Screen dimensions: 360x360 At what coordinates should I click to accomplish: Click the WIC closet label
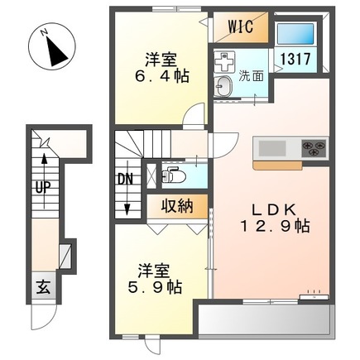coord(240,26)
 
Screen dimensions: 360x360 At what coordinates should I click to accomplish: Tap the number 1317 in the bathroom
coord(295,59)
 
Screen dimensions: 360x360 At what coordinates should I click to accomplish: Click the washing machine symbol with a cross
coord(224,62)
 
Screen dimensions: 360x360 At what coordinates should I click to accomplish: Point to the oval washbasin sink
coord(224,85)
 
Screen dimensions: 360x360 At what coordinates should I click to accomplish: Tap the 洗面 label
coord(251,76)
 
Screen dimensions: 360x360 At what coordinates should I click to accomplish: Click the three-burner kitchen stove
coord(314,148)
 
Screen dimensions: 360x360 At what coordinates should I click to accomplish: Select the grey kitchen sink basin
coord(272,148)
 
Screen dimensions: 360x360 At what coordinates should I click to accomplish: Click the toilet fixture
coord(173,175)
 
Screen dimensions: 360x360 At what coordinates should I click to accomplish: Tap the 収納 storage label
coord(177,206)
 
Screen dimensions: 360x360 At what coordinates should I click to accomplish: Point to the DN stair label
coord(126,180)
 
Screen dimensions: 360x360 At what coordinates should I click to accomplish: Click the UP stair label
coord(43,188)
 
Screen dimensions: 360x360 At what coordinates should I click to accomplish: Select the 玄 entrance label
coord(43,287)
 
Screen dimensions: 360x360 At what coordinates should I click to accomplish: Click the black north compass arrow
coord(57,50)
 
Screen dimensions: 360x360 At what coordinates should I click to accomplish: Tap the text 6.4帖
coord(161,76)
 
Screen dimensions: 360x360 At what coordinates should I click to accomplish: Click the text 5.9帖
coord(155,288)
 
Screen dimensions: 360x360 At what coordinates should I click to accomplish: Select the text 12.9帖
coord(275,227)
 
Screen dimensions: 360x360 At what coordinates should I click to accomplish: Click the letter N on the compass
coord(44,32)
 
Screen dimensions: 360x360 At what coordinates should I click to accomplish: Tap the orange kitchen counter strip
coord(278,165)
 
